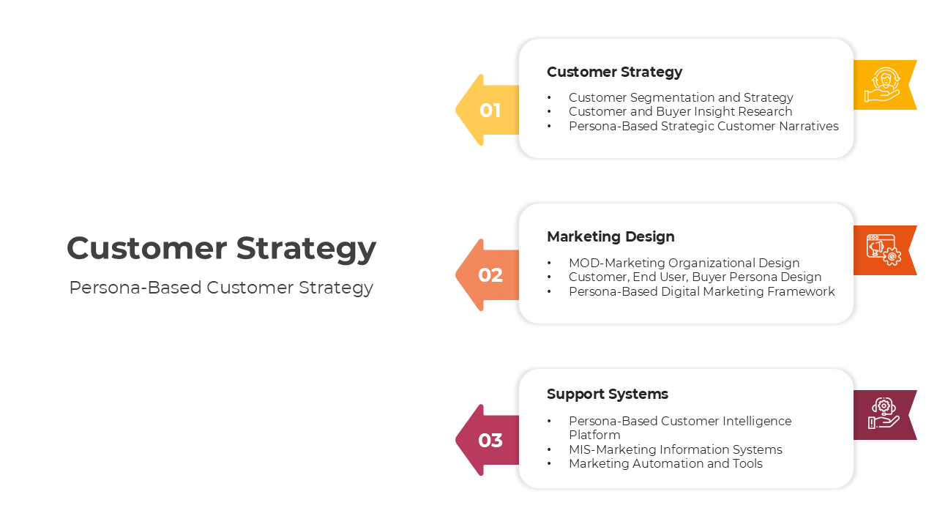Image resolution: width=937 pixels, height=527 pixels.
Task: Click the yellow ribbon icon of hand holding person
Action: point(882,85)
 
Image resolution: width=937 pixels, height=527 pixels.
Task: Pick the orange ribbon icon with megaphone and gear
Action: point(883,250)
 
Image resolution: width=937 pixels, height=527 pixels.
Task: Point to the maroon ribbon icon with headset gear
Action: point(883,415)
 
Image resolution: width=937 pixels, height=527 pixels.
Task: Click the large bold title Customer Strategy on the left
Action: point(221,248)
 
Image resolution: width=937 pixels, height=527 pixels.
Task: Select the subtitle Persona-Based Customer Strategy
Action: point(221,288)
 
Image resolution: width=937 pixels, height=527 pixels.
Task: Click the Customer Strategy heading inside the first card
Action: point(614,72)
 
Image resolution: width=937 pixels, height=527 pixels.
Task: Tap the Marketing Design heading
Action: point(611,236)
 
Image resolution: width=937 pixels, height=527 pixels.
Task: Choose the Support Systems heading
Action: point(607,394)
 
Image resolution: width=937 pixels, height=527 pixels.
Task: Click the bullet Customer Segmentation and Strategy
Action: point(681,97)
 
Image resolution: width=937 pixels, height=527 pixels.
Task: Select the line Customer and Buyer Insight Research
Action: point(680,111)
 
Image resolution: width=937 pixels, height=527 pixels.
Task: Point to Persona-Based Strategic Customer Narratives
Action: point(703,126)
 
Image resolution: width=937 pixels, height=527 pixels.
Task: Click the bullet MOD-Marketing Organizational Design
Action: point(684,263)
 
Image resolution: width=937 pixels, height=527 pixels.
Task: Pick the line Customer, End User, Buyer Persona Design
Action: point(695,277)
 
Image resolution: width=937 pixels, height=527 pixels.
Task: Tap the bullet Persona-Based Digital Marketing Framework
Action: point(701,291)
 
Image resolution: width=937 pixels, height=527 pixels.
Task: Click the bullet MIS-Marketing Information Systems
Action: point(675,449)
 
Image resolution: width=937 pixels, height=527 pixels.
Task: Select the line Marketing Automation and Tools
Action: point(665,463)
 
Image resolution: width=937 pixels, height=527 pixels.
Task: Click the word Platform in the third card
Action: point(594,435)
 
